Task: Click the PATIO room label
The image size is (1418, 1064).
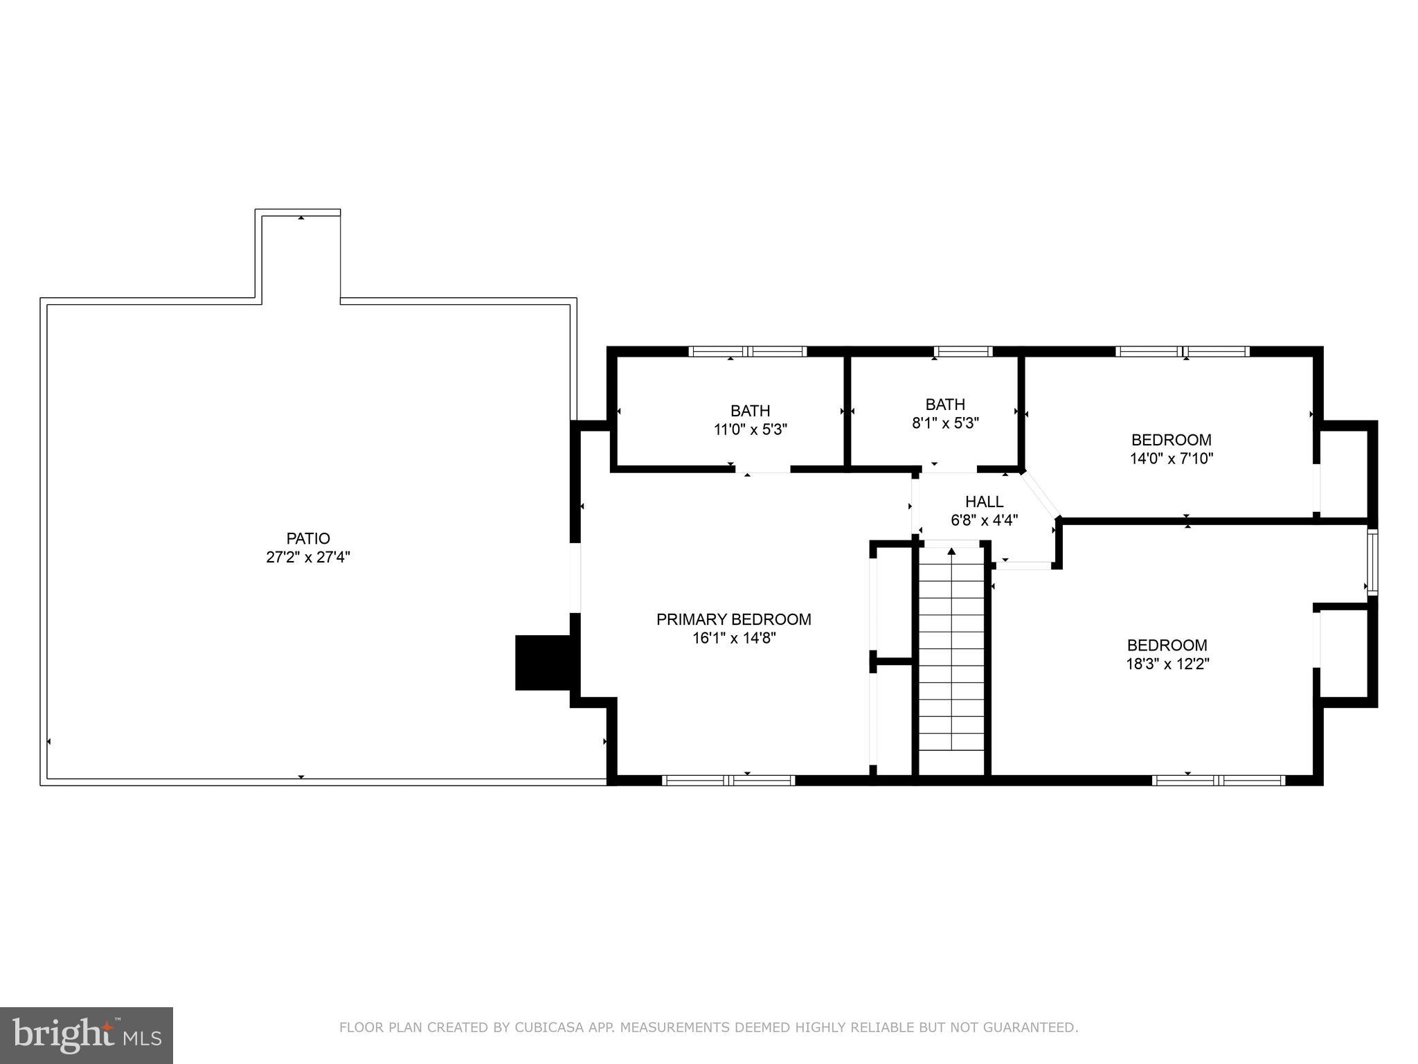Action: [x=308, y=538]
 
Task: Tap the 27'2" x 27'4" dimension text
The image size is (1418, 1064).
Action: [x=308, y=557]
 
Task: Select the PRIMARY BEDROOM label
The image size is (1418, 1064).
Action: [x=733, y=619]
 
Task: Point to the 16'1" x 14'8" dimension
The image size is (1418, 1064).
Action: [x=733, y=638]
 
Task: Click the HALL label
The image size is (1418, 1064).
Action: [x=984, y=502]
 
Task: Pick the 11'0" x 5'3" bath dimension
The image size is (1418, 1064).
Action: [x=751, y=429]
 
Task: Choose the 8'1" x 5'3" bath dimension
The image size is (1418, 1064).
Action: [x=945, y=423]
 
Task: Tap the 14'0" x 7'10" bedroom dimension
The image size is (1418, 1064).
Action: [x=1171, y=458]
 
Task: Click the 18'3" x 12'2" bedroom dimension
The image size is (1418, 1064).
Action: [x=1167, y=664]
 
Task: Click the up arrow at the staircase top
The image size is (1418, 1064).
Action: [x=951, y=551]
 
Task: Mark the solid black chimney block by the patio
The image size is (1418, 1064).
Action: [x=543, y=662]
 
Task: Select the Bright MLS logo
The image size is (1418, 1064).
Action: [x=87, y=1035]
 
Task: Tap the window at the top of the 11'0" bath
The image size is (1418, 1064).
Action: [x=748, y=352]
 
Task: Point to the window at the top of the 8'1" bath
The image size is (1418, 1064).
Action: [x=962, y=352]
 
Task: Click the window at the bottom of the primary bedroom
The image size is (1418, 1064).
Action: [x=728, y=780]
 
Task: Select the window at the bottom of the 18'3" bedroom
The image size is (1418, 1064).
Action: [x=1219, y=780]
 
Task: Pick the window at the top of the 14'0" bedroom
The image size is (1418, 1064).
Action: [x=1183, y=352]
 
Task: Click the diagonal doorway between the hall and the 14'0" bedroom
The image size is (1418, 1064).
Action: [x=1041, y=495]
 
